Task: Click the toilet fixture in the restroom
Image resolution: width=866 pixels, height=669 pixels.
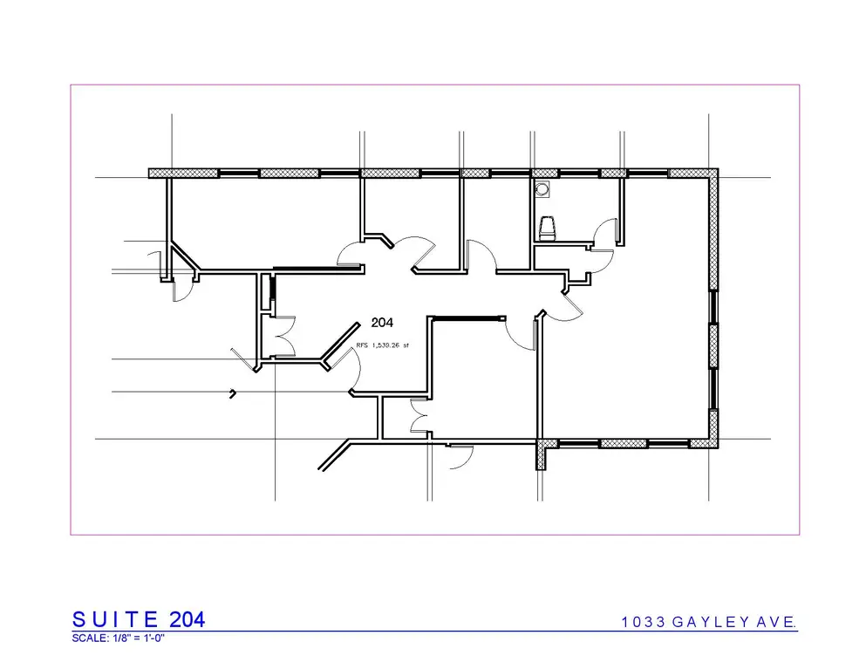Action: point(548,229)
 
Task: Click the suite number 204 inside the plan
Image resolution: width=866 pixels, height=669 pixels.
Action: point(382,322)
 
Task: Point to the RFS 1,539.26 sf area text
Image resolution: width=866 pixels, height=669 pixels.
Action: point(382,346)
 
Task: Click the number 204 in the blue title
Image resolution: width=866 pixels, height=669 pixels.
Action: point(188,619)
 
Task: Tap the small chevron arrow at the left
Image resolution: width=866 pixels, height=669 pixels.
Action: point(233,393)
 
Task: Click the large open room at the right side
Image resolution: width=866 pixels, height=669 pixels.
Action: point(628,349)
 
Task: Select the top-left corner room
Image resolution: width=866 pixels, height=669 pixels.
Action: point(262,222)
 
